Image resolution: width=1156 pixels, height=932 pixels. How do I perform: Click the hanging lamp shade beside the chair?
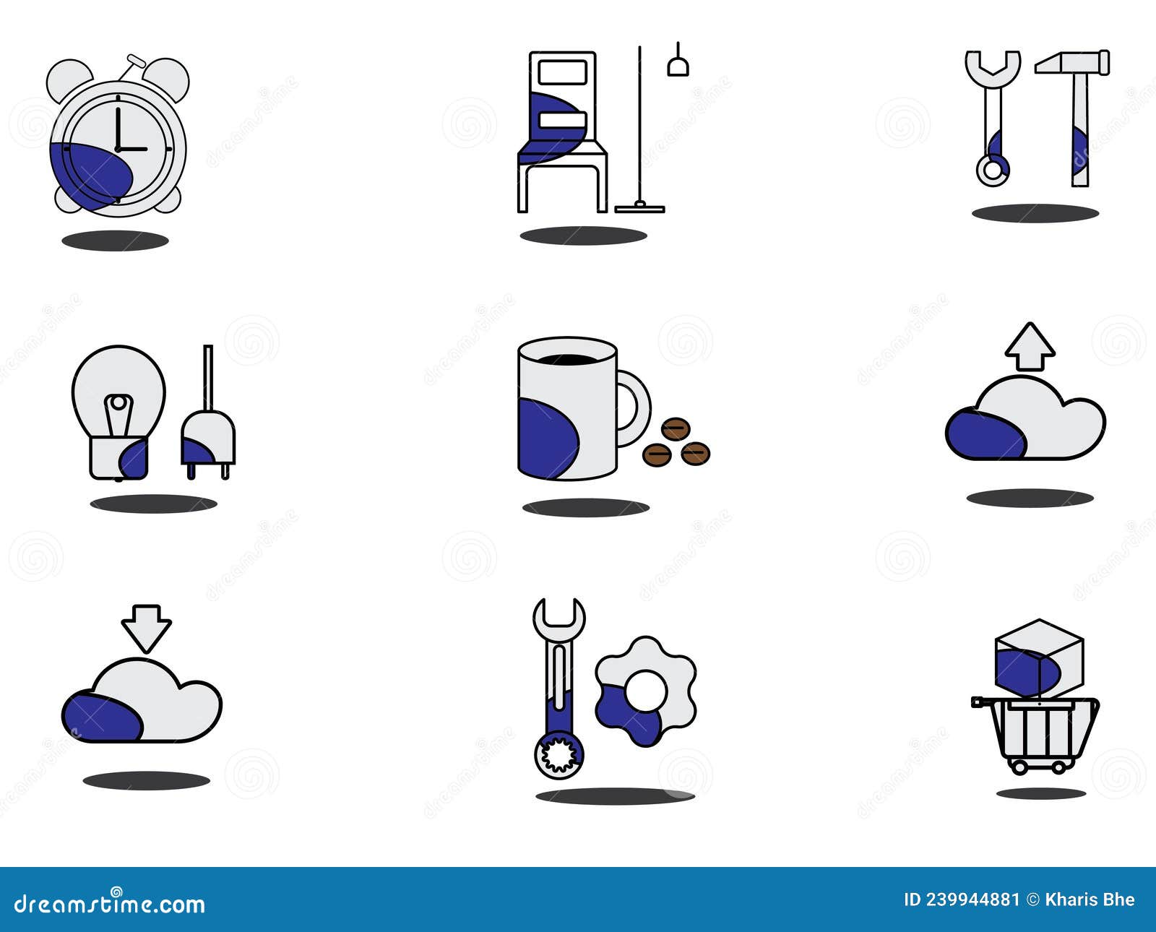[678, 67]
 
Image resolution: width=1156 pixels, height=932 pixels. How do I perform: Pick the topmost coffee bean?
[676, 429]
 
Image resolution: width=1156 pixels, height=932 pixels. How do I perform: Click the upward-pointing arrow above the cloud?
[1030, 347]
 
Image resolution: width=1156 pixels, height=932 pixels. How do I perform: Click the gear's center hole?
[645, 690]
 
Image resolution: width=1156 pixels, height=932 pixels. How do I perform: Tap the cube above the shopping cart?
[1039, 657]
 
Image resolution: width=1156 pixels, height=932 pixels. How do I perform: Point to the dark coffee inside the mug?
[568, 358]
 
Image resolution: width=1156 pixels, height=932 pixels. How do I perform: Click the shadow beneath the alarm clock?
[115, 241]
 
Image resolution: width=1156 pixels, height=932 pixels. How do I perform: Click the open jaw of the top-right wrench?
[993, 62]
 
